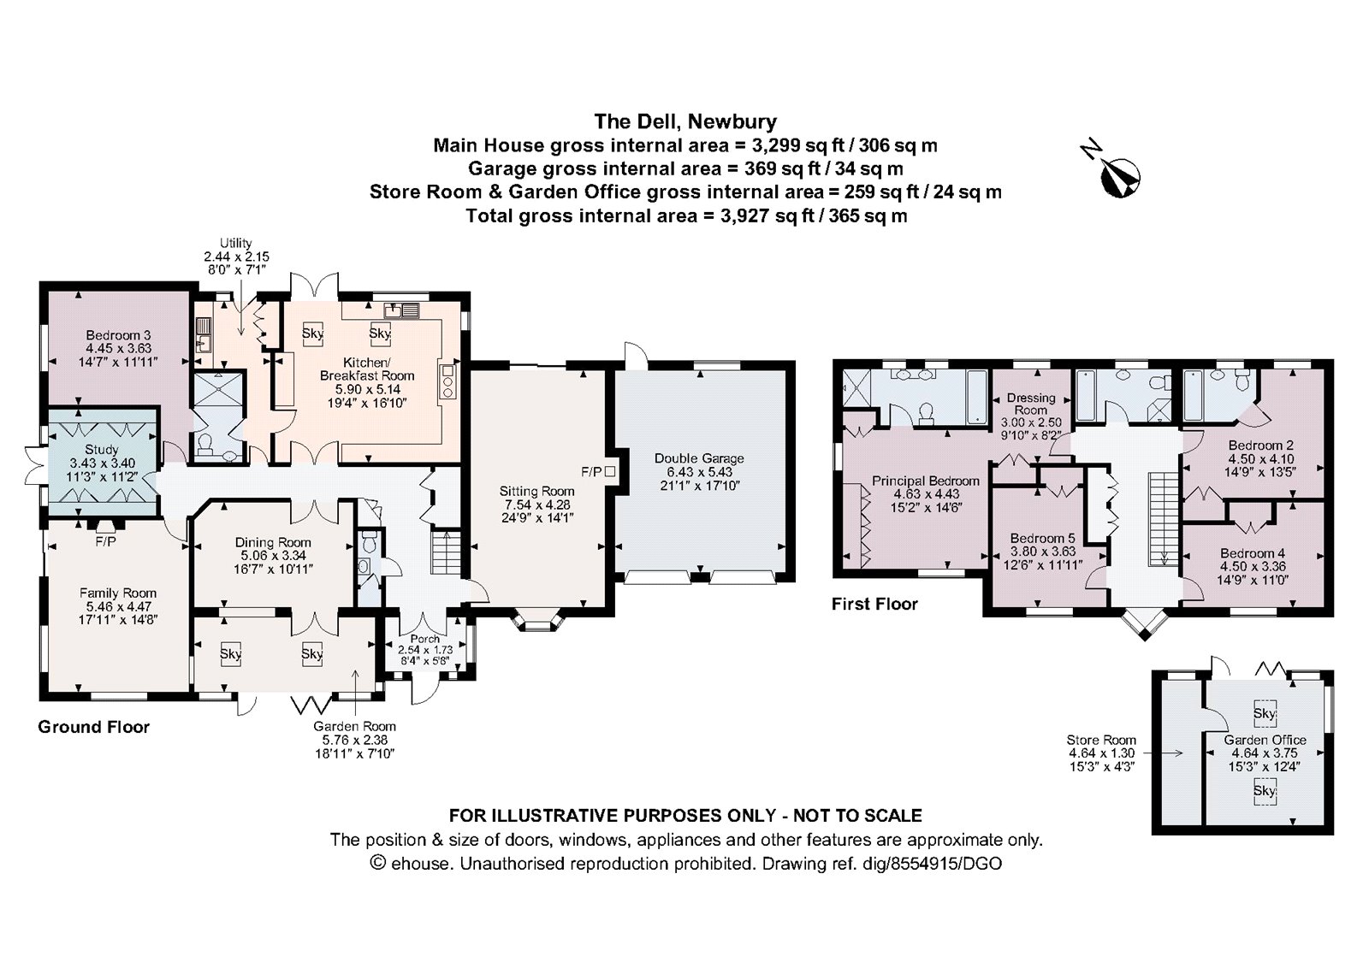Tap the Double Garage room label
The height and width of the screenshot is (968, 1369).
pyautogui.click(x=698, y=458)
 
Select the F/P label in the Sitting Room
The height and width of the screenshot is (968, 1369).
pyautogui.click(x=591, y=471)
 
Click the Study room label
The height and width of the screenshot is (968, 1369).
pyautogui.click(x=102, y=450)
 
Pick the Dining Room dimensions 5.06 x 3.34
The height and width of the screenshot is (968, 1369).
pyautogui.click(x=273, y=555)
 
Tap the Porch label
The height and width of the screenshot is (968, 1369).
pyautogui.click(x=424, y=639)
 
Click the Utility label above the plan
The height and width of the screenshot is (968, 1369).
pyautogui.click(x=235, y=244)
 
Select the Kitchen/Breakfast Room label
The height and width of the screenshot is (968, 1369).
pyautogui.click(x=367, y=369)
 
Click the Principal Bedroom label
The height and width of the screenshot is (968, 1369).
pyautogui.click(x=926, y=481)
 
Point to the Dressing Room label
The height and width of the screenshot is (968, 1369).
pyautogui.click(x=1031, y=404)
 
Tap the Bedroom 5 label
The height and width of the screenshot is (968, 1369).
pyautogui.click(x=1042, y=538)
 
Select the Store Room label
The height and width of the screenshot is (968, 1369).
pyautogui.click(x=1101, y=740)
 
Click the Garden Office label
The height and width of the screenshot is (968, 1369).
pyautogui.click(x=1265, y=740)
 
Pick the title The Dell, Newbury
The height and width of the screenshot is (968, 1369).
pyautogui.click(x=685, y=121)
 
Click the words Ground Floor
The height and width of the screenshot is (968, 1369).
pyautogui.click(x=93, y=727)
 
